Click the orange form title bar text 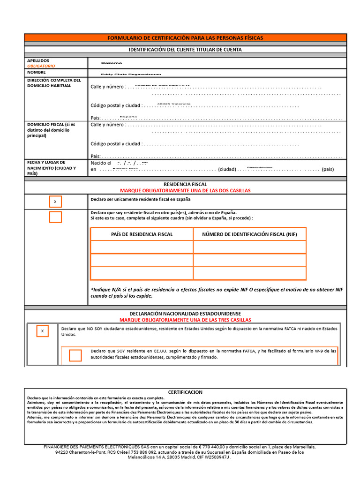coord(185,37)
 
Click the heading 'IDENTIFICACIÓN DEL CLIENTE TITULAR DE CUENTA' coord(185,49)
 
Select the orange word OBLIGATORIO coord(41,66)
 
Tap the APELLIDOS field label coord(38,60)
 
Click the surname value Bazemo coord(112,63)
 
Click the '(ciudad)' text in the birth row coord(227,169)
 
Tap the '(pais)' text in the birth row coord(328,169)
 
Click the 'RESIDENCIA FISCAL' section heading coord(185,185)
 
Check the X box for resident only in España coord(55,202)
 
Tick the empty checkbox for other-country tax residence coord(55,217)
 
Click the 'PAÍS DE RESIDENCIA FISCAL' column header coord(142,234)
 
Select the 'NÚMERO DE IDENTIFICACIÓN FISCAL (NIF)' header coord(249,234)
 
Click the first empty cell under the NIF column coord(249,247)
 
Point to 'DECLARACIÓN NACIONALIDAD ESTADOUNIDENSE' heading coord(185,313)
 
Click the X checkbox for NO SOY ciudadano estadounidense coord(42,331)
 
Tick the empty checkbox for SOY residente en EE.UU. coord(75,355)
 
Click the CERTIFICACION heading coord(185,392)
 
